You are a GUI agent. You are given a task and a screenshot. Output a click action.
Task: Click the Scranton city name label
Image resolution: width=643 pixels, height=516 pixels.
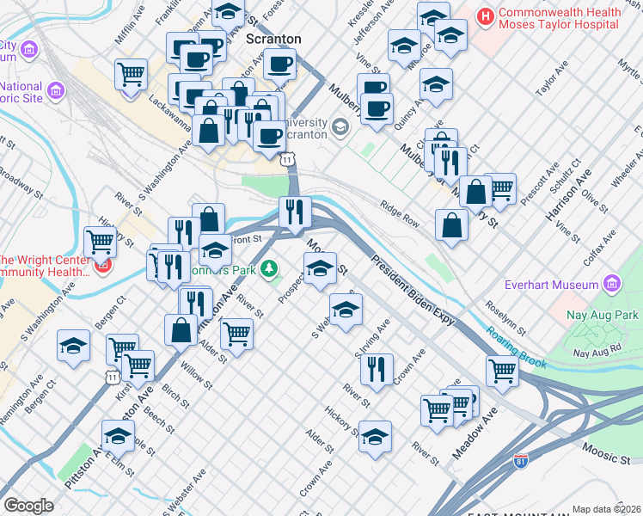click(273, 40)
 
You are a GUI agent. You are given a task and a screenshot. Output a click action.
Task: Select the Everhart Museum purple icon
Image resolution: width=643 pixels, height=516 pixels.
click(611, 284)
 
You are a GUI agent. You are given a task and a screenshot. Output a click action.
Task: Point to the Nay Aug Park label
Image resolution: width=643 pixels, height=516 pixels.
click(603, 316)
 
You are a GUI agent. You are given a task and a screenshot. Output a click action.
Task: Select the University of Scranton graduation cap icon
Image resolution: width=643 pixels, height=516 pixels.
click(340, 128)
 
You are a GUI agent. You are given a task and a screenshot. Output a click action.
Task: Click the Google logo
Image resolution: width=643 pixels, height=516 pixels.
click(28, 505)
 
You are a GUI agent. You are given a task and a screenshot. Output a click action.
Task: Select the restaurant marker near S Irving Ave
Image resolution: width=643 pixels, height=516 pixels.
click(376, 369)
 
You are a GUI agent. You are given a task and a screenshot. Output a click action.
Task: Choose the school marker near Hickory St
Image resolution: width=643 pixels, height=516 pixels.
click(375, 437)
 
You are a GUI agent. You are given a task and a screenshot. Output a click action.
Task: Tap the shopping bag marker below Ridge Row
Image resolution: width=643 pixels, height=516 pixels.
click(451, 226)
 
